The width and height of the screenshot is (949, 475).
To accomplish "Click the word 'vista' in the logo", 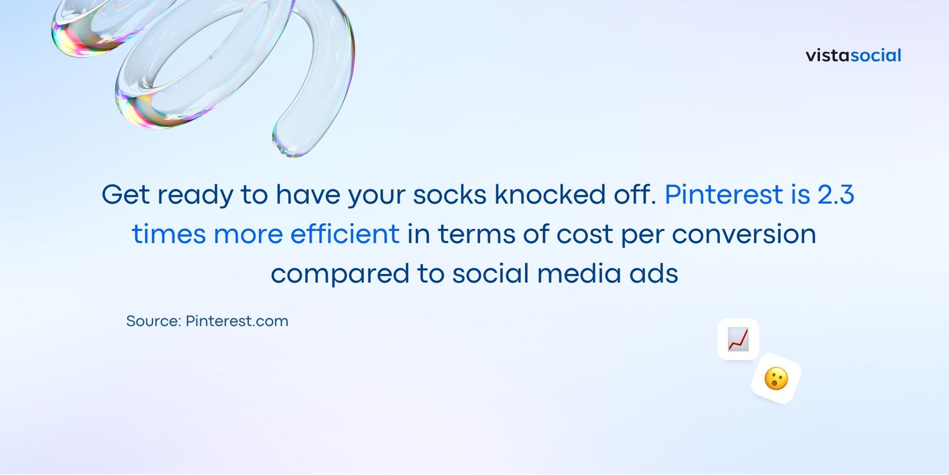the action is coord(828,55).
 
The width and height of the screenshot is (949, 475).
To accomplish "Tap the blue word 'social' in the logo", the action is coord(876,55).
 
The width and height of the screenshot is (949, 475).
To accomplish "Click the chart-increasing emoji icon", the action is coord(738,339).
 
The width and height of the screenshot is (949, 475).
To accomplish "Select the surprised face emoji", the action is coord(776,379).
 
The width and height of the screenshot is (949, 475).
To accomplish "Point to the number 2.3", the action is coord(836,194).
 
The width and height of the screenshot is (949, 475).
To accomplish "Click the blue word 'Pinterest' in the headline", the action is coord(724,194).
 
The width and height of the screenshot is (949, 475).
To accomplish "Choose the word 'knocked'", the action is coord(550,194).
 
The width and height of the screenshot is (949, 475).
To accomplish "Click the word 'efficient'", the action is coord(345,234).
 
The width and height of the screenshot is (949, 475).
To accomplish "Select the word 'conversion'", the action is coord(744,234).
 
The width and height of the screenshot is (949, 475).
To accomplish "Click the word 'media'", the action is coord(579,273).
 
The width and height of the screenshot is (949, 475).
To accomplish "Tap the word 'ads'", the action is coord(653,273).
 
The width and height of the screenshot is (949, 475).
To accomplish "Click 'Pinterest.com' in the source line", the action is coord(237,321).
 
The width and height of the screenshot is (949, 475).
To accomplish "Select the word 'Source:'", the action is coord(154,321).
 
